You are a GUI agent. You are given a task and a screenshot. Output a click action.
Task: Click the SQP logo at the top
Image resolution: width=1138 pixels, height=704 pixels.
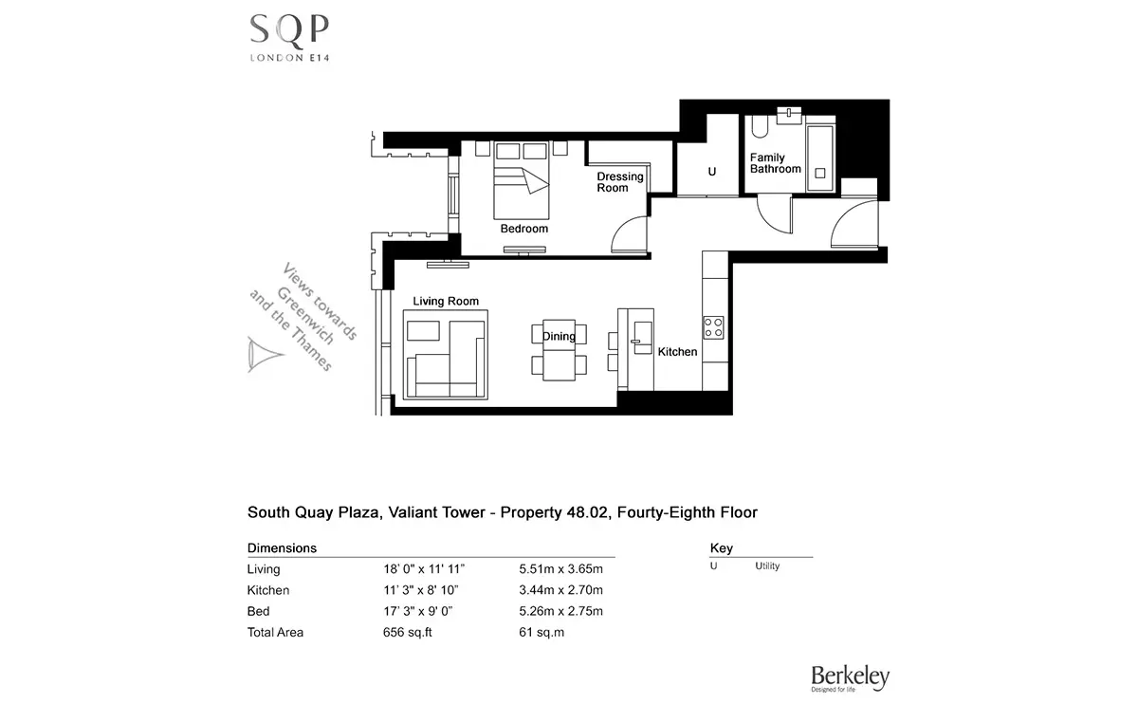pyautogui.click(x=289, y=38)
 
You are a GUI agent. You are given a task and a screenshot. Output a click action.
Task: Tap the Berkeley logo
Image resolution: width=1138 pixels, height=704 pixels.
pyautogui.click(x=850, y=678)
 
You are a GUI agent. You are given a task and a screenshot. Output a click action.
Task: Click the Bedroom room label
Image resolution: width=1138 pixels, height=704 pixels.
pyautogui.click(x=524, y=229)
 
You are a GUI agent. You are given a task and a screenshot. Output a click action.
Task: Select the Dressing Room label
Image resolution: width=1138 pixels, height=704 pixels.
pyautogui.click(x=620, y=182)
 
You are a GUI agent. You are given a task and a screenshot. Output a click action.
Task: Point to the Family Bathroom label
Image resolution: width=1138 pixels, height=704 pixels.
pyautogui.click(x=776, y=163)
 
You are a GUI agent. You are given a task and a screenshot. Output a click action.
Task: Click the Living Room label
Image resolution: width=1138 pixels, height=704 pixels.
pyautogui.click(x=446, y=301)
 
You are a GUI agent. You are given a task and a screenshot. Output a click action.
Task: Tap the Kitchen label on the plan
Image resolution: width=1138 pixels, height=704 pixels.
pyautogui.click(x=677, y=352)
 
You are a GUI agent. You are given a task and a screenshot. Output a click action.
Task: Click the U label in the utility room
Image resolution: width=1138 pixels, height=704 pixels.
pyautogui.click(x=712, y=172)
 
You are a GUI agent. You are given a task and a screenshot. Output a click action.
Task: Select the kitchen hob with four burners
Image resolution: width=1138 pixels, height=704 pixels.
pyautogui.click(x=713, y=328)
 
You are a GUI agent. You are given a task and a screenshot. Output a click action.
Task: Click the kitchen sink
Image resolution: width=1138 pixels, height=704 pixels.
pyautogui.click(x=643, y=338)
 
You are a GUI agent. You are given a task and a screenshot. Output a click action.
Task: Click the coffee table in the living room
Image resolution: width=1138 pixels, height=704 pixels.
pyautogui.click(x=423, y=331)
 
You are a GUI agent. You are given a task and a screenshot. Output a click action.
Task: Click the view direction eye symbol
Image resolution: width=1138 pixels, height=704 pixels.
pyautogui.click(x=265, y=354)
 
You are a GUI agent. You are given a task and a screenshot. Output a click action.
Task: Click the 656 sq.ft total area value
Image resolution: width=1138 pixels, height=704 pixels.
pyautogui.click(x=408, y=632)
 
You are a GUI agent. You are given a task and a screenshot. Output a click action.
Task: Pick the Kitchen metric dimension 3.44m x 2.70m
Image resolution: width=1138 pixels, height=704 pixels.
pyautogui.click(x=560, y=590)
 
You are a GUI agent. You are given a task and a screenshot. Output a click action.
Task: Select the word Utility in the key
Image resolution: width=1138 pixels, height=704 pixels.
pyautogui.click(x=767, y=566)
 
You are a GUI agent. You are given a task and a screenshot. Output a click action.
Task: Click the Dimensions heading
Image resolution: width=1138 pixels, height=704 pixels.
pyautogui.click(x=282, y=548)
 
